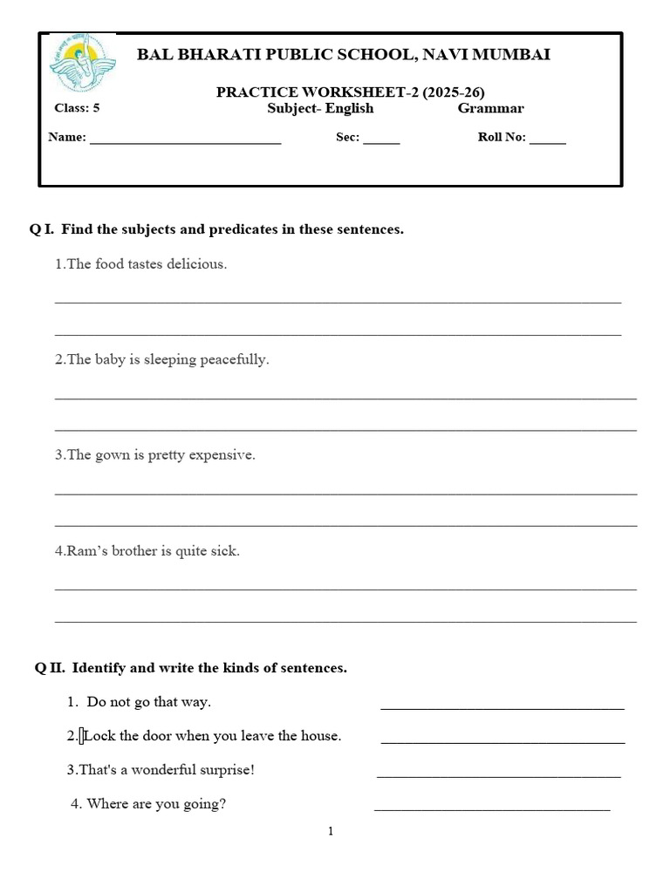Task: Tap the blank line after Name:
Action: pos(185,139)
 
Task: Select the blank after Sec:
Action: pos(381,139)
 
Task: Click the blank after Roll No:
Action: pos(547,139)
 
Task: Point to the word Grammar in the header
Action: pos(490,109)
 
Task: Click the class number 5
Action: pos(96,109)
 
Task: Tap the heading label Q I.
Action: pos(42,230)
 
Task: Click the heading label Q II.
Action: pos(50,668)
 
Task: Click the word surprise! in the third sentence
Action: pos(225,770)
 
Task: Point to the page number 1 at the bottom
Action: pos(331,832)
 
